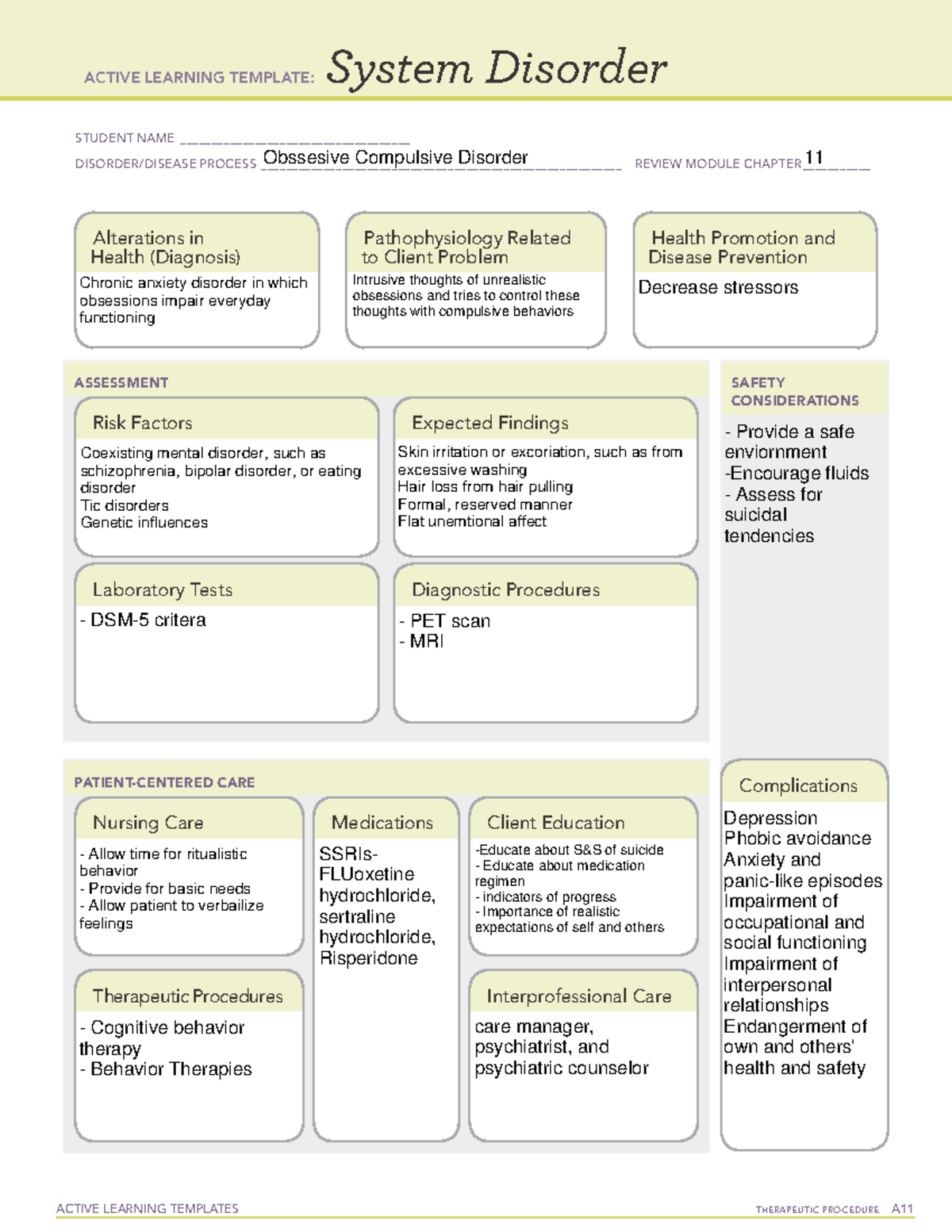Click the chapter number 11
pos(813,157)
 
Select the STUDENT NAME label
pos(125,138)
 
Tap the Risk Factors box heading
pos(142,423)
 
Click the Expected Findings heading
pos(489,423)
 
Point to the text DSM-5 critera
pos(148,620)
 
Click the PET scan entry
pos(450,621)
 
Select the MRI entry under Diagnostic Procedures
pos(427,641)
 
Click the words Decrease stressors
pos(718,287)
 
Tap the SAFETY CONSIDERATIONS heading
pos(794,392)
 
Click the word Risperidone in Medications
pos(368,958)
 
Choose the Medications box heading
pos(382,823)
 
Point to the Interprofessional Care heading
pos(578,996)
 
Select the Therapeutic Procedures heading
pos(187,996)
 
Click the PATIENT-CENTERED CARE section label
pos(164,782)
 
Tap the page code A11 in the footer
pos(902,1209)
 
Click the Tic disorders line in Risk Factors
pos(125,505)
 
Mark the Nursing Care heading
pos(148,823)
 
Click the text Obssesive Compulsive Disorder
pos(395,158)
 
